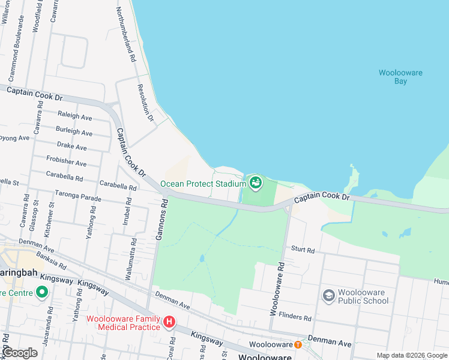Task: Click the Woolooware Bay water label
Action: (x=400, y=77)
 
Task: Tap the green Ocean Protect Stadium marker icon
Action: (x=256, y=182)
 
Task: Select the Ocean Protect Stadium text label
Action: (x=203, y=184)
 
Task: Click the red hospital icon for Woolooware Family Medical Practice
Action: (x=169, y=323)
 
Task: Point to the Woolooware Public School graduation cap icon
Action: (x=328, y=296)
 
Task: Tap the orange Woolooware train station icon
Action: (x=298, y=344)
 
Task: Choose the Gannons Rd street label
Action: (x=161, y=220)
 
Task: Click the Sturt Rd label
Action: (x=303, y=248)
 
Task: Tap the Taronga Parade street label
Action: (x=79, y=196)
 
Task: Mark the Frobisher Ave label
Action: (x=66, y=162)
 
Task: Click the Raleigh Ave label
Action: (x=74, y=116)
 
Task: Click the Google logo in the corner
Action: (x=20, y=353)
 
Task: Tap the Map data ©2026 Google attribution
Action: (x=412, y=355)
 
